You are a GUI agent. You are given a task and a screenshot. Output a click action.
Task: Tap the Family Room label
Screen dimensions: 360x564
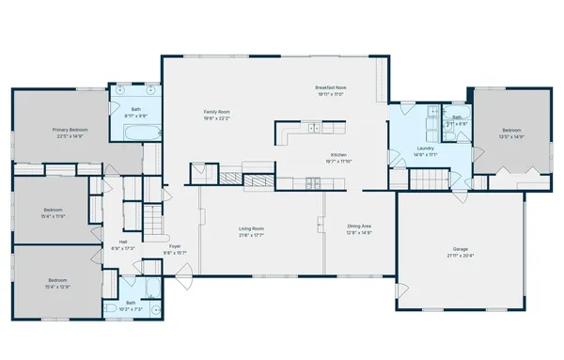(x=217, y=112)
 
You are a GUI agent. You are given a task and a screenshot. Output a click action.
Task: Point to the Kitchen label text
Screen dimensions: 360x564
(x=339, y=155)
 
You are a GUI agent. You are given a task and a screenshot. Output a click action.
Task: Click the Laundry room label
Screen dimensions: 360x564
(x=426, y=148)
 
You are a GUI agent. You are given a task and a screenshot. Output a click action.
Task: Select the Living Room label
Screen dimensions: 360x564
(x=250, y=228)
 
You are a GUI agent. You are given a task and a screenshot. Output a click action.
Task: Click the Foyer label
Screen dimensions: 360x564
(x=175, y=246)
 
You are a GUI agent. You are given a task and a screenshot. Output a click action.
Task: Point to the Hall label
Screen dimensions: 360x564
(x=123, y=242)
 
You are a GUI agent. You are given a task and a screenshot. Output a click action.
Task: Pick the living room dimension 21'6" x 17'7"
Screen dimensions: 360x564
(x=250, y=235)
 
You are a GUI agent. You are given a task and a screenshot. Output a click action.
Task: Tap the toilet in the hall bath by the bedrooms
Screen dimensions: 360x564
(x=110, y=307)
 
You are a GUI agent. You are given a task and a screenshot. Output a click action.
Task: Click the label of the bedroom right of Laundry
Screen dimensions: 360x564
(x=510, y=130)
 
